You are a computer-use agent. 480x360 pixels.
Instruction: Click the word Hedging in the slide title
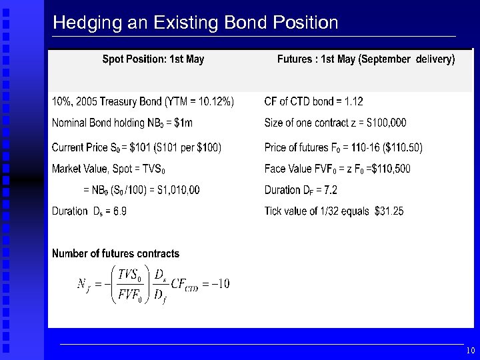(x=79, y=23)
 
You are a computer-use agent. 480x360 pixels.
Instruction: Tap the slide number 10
(x=470, y=351)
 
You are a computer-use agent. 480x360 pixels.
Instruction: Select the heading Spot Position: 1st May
(x=153, y=59)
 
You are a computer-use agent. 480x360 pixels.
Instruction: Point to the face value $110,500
(x=391, y=169)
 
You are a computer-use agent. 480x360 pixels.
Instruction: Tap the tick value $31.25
(x=389, y=211)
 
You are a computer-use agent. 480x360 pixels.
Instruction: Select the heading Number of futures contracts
(x=115, y=253)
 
